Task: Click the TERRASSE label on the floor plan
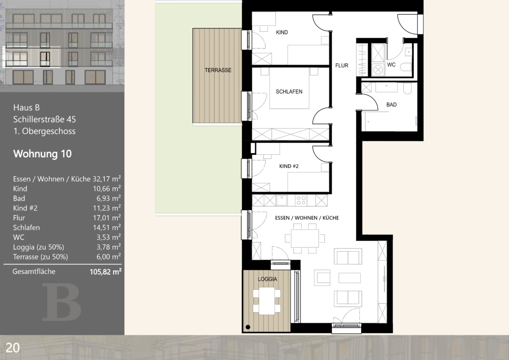218,70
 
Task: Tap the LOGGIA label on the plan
268,279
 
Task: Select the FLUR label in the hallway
342,66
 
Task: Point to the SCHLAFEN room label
289,92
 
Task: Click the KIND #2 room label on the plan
289,166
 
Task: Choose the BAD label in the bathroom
392,104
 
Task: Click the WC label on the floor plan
391,65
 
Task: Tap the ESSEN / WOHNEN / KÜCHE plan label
307,218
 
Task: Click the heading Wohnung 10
42,154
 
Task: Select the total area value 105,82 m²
106,272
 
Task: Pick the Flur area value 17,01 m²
107,218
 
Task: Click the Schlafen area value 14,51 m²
107,227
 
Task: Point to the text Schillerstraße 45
45,119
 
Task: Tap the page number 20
13,348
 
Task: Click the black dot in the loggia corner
248,327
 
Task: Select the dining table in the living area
305,239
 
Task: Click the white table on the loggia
267,301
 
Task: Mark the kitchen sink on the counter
282,200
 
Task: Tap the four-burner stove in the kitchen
301,200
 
